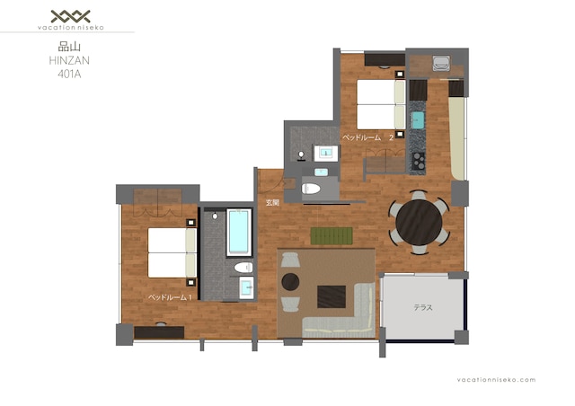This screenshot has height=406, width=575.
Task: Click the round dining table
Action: (x=419, y=223)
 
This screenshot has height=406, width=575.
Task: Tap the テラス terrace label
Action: (x=423, y=308)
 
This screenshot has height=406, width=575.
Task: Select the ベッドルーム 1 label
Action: (x=170, y=297)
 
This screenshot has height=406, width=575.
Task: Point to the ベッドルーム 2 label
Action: (x=367, y=138)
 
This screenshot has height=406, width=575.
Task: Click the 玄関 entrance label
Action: (x=272, y=202)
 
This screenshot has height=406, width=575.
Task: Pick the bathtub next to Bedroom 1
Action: (x=239, y=232)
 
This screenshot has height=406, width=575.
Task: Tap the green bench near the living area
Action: (x=332, y=236)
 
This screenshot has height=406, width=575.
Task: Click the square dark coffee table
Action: (x=332, y=296)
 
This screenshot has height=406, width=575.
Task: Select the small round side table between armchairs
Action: (x=290, y=282)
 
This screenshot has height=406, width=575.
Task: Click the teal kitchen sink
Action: (x=418, y=120)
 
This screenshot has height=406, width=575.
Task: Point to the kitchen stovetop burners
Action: (x=418, y=161)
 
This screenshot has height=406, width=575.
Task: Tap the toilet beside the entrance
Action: (x=311, y=189)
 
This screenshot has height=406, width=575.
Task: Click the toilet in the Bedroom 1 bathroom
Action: (x=243, y=268)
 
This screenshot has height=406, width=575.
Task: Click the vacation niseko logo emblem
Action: (x=70, y=16)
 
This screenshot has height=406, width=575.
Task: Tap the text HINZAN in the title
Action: (x=69, y=60)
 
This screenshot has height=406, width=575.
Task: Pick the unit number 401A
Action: (x=69, y=75)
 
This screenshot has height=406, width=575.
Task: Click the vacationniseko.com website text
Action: (x=496, y=380)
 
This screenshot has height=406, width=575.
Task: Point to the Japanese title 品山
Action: (x=69, y=47)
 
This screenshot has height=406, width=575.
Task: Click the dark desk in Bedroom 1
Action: (x=159, y=332)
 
